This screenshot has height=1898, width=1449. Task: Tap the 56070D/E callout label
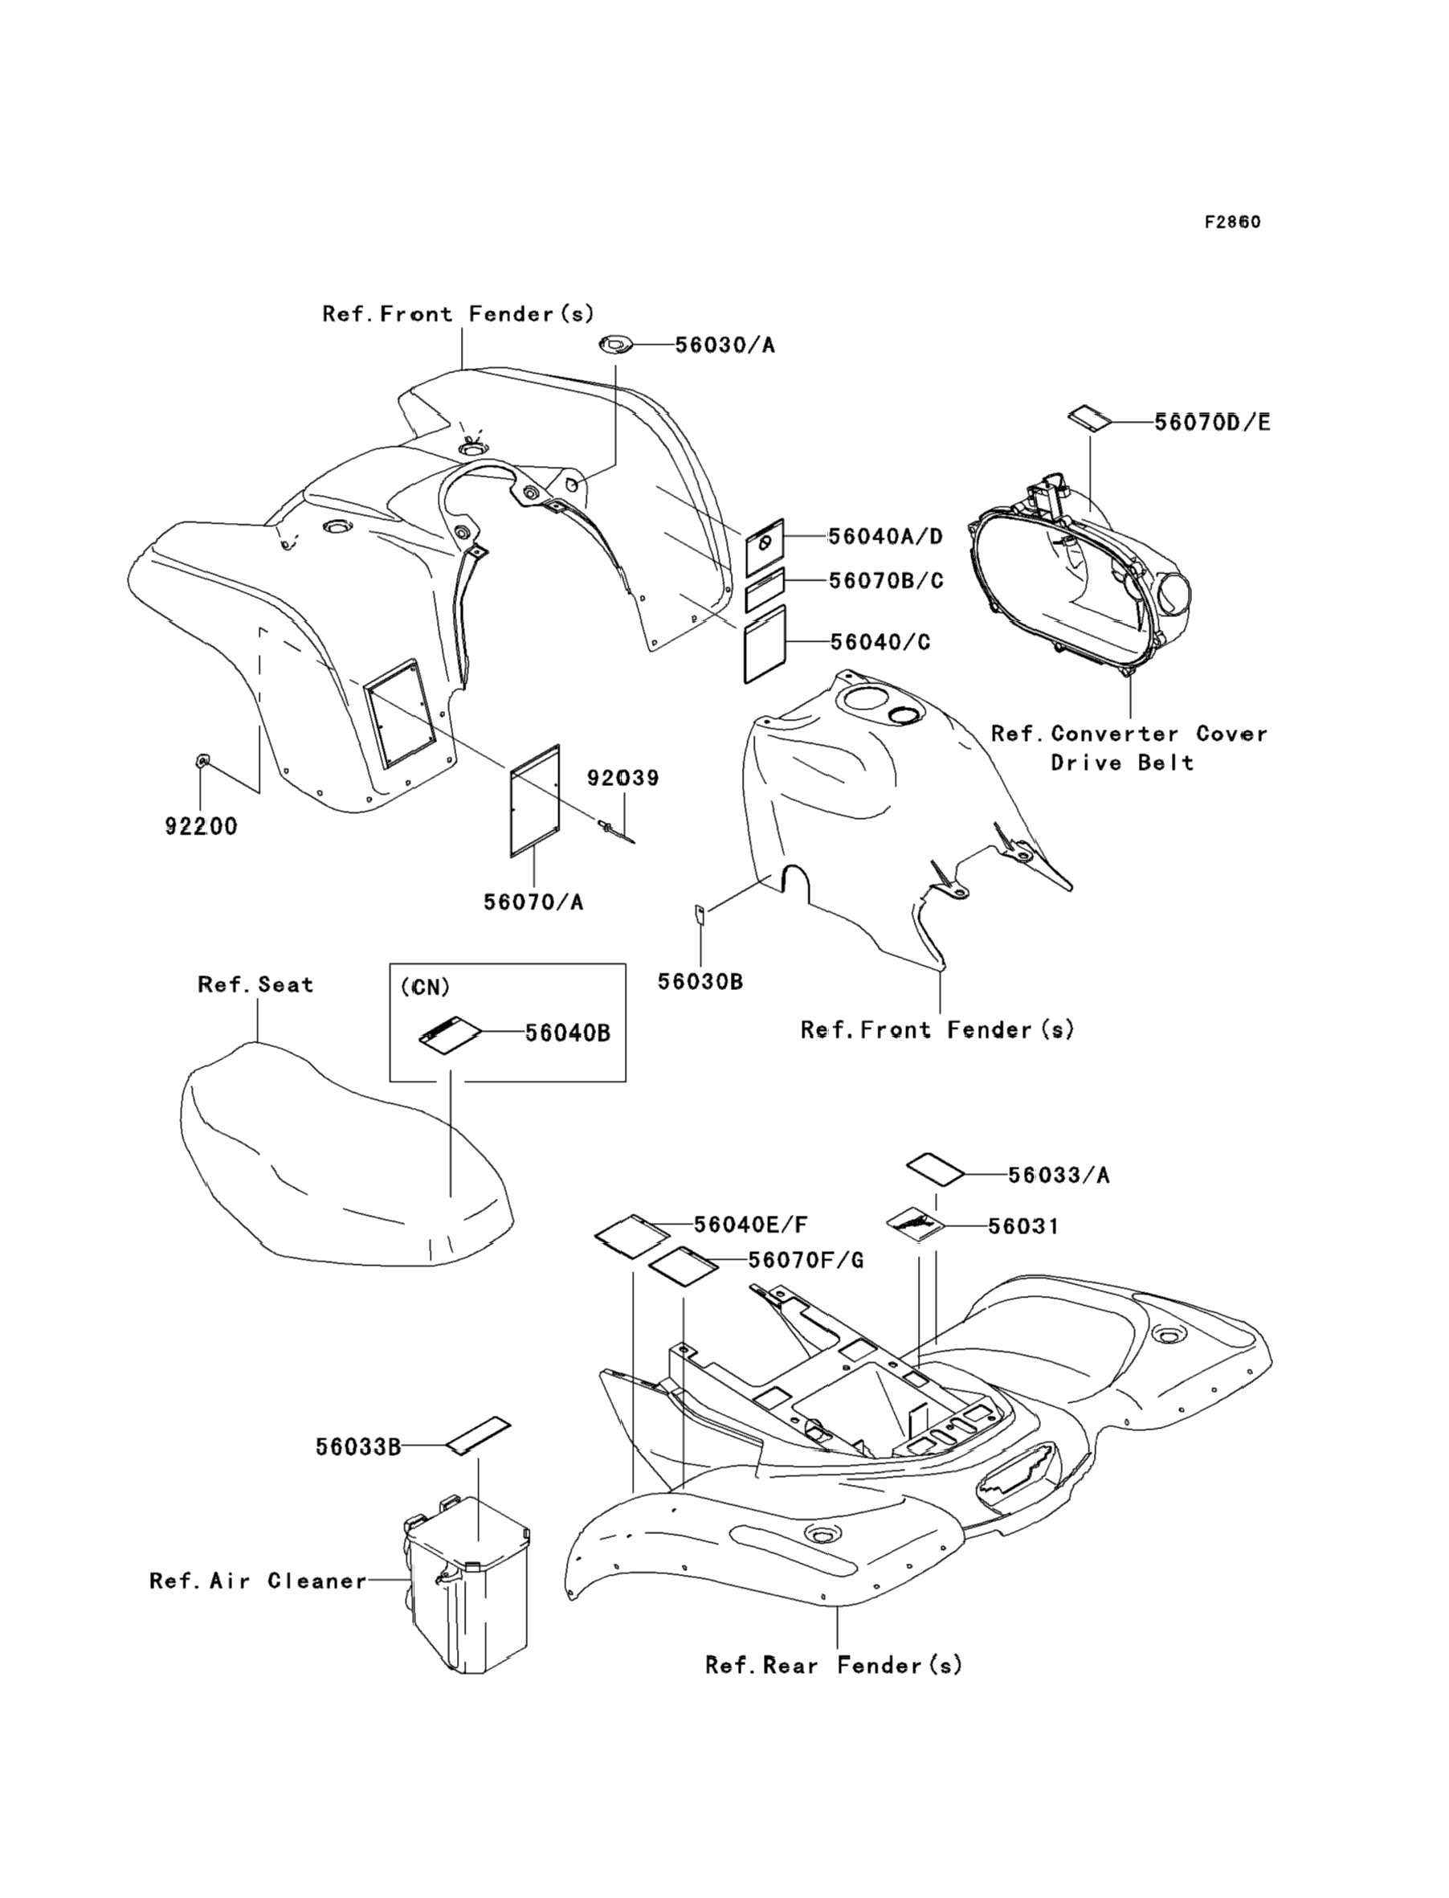(1212, 423)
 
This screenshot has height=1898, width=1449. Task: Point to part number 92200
(201, 827)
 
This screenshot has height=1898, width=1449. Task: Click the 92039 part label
(622, 778)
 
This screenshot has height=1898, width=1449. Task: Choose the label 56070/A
(533, 902)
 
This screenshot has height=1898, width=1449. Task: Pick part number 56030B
(700, 982)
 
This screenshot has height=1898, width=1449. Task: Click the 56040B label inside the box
(568, 1033)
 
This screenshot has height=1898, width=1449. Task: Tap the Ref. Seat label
(255, 985)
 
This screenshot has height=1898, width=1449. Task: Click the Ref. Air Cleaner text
(258, 1581)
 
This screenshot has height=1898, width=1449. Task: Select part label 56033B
(358, 1446)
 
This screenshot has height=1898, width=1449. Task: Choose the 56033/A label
(1059, 1175)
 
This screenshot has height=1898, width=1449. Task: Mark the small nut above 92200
(202, 760)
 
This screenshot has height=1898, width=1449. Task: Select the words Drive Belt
(1122, 763)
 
